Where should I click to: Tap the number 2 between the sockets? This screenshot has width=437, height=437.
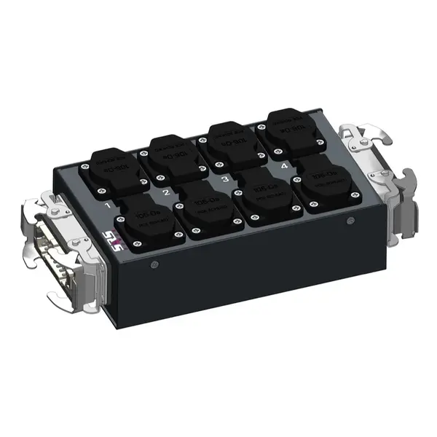[x=166, y=193]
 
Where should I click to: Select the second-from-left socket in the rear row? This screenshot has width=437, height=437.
[x=174, y=157]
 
